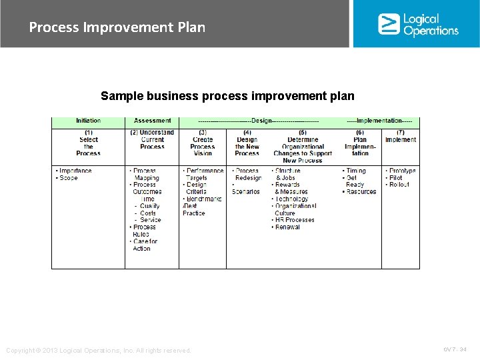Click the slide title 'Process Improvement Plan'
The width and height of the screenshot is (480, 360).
[117, 27]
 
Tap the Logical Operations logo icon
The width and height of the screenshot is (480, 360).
[389, 24]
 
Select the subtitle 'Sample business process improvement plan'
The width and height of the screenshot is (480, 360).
[227, 96]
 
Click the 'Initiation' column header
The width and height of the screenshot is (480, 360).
[89, 121]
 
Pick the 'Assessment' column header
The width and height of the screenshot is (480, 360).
[153, 121]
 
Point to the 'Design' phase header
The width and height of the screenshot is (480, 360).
[262, 121]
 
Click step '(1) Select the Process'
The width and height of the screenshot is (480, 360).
[89, 143]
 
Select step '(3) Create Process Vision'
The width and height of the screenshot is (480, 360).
[203, 143]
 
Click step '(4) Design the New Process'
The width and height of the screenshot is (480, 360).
[247, 143]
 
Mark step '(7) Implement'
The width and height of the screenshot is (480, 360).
[401, 136]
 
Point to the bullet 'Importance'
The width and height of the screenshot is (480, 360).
[75, 171]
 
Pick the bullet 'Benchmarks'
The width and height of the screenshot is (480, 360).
[204, 199]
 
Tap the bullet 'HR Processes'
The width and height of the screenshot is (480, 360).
[295, 220]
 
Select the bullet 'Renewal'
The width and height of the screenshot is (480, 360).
[287, 227]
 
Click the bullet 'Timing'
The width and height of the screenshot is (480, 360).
[356, 171]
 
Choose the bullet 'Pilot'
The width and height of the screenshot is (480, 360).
[396, 178]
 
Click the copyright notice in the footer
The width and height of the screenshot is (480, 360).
[99, 350]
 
